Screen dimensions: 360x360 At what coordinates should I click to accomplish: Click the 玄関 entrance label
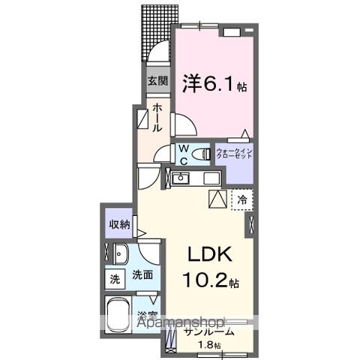click(157, 81)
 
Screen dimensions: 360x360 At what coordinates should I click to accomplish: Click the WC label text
click(183, 153)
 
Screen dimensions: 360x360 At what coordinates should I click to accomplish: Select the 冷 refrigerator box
click(242, 199)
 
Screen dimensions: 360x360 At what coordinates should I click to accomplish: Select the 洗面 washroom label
click(142, 275)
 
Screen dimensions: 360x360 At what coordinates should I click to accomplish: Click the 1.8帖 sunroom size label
click(208, 345)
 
